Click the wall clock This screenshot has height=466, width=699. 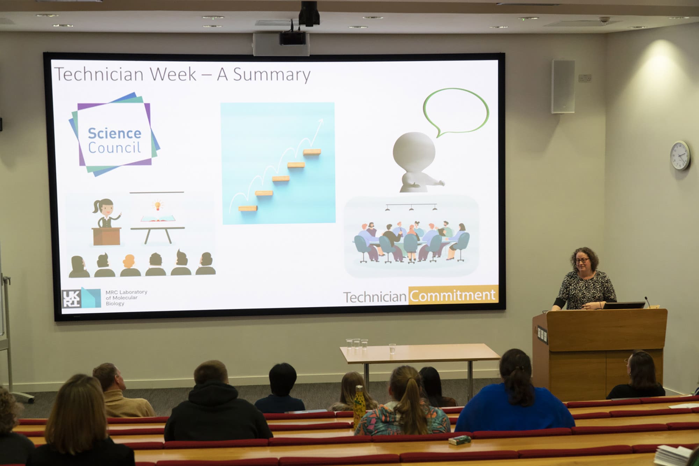point(680,155)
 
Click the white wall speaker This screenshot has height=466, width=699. point(563,86)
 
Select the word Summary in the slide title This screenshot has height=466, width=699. point(272,74)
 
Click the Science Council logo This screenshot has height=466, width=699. point(114,135)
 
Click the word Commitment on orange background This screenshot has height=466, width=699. point(452,295)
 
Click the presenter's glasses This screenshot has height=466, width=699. point(582,260)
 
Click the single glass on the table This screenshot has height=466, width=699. point(392,349)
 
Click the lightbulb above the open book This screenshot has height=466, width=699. point(158,205)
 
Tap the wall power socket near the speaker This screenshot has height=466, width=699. point(584,78)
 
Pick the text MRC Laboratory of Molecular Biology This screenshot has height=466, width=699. point(126,297)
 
